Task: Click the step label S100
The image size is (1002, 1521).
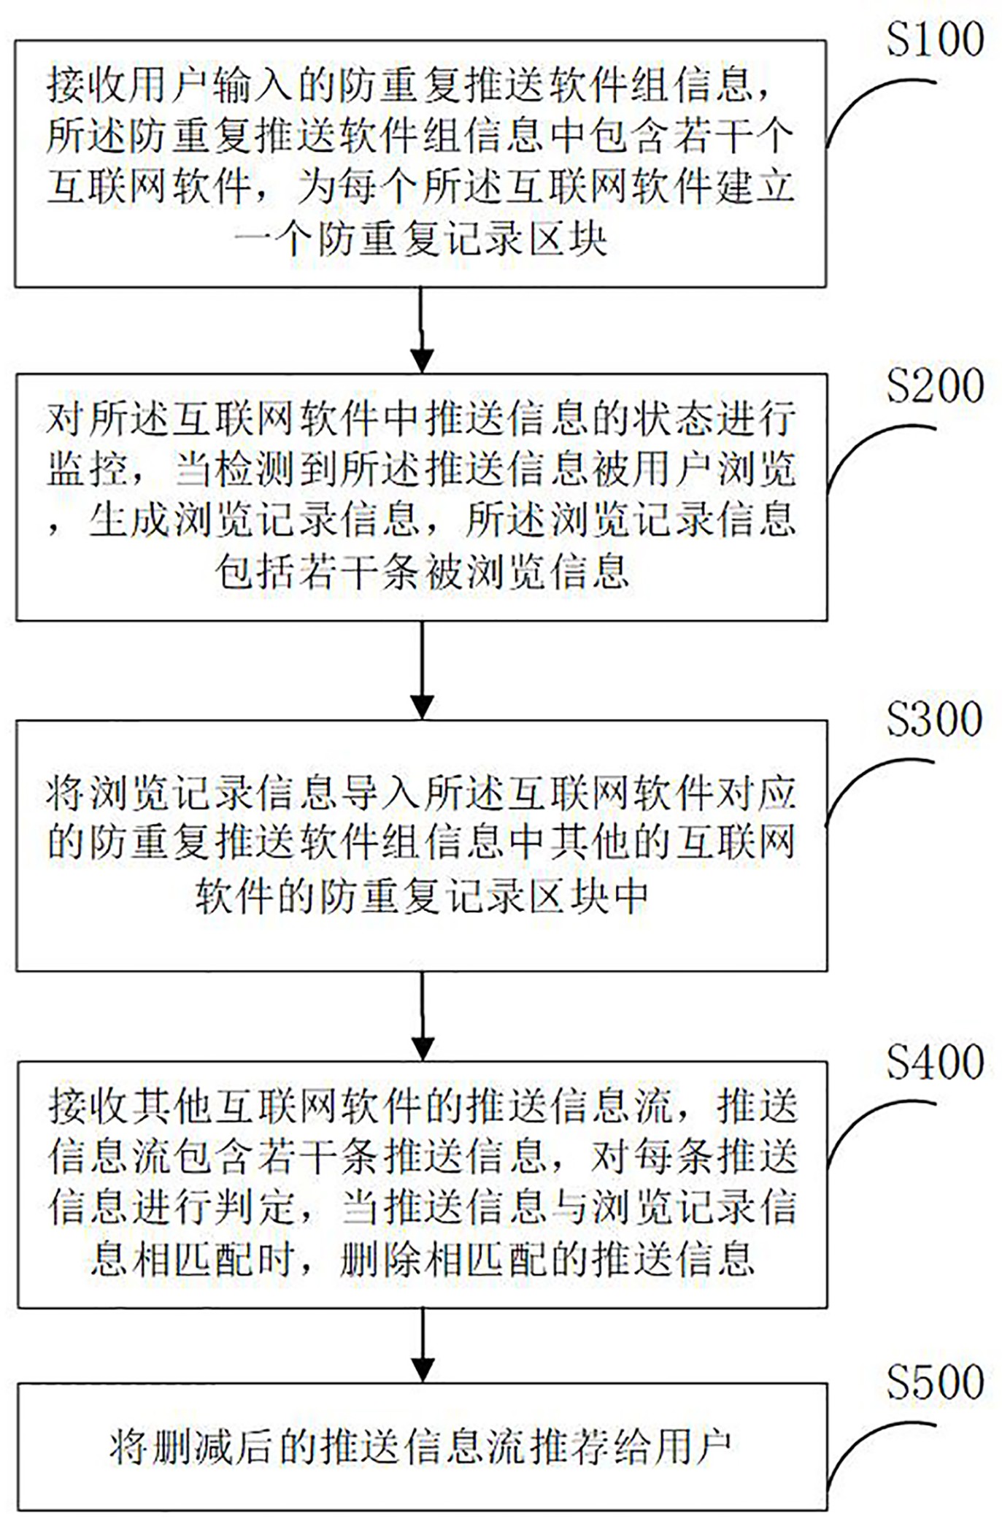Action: point(935,39)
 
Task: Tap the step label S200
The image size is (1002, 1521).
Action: point(935,386)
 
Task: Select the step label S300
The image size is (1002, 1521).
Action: point(935,720)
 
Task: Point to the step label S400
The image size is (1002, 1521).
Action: point(935,1063)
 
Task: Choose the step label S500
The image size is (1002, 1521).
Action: point(935,1383)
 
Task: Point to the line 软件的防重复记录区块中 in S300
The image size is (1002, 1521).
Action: point(422,896)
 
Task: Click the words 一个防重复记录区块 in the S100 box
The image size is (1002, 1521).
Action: point(422,239)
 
